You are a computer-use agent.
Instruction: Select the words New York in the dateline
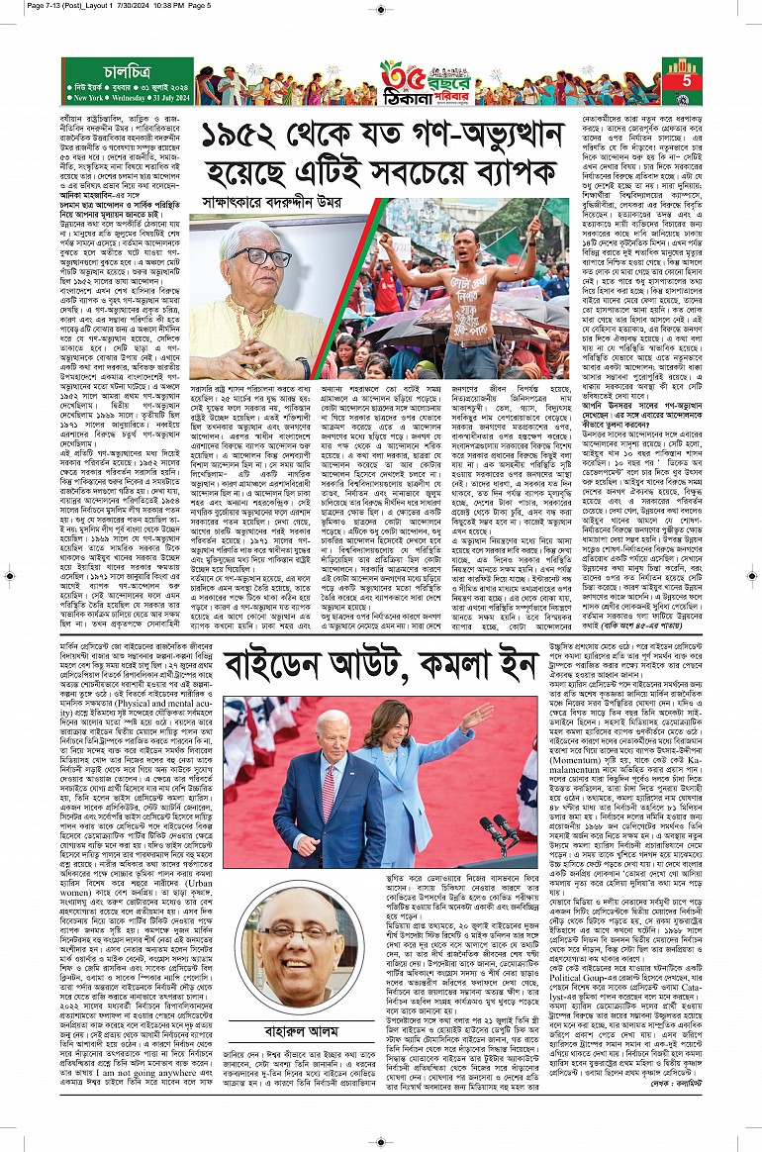click(81, 100)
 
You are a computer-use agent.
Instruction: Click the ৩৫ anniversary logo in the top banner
click(398, 75)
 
